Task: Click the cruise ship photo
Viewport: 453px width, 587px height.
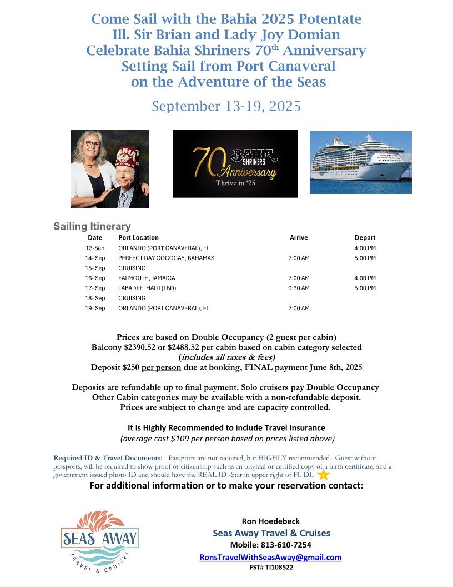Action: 360,162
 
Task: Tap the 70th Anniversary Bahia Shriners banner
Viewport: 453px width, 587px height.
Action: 235,163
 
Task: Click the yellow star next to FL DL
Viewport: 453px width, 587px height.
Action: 324,475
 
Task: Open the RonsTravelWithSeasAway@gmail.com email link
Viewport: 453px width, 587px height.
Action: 270,557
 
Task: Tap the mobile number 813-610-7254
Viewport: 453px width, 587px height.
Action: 270,545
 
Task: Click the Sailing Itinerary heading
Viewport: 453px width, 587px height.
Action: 92,226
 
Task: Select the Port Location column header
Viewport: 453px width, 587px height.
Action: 138,238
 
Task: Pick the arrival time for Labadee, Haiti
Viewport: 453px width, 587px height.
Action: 300,288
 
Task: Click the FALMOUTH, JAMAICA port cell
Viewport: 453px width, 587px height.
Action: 147,278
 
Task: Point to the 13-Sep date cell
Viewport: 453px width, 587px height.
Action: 95,248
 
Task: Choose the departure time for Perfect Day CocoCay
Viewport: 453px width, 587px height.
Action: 365,258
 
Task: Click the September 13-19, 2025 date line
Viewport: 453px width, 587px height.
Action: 226,106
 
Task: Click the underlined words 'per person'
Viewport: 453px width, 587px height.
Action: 158,367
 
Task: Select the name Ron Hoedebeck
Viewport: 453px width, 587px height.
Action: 270,521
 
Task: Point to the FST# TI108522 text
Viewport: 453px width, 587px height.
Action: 270,568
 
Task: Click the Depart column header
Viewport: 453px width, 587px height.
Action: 365,238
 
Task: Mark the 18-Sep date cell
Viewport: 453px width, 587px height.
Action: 95,298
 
